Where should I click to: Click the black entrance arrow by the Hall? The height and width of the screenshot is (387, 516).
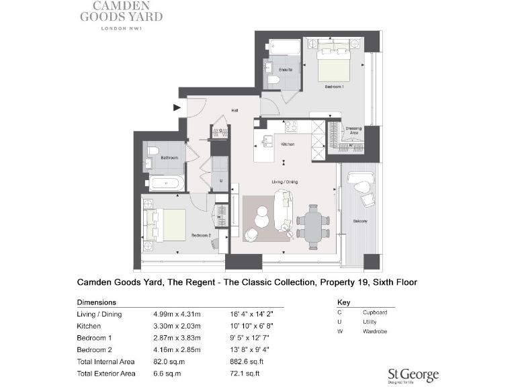[177, 107]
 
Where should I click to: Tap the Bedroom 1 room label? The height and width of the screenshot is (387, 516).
[334, 87]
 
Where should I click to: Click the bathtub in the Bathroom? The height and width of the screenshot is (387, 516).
[165, 183]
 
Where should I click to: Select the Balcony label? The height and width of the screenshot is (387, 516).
[360, 221]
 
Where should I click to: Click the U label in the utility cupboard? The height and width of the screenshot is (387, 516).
[220, 181]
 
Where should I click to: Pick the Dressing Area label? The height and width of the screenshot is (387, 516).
[353, 130]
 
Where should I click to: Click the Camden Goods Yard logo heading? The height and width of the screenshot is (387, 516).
[121, 13]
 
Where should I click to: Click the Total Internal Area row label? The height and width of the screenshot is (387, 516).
[105, 361]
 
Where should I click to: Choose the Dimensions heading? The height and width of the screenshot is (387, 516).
[97, 302]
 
